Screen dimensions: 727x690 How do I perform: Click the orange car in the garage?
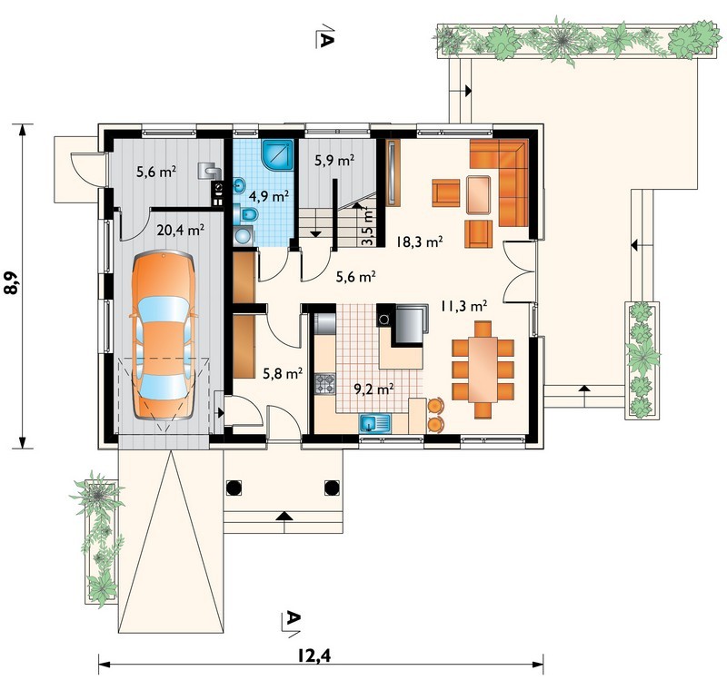click(164, 335)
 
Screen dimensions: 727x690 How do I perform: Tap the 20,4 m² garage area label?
click(181, 230)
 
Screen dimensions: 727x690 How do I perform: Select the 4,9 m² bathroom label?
click(269, 196)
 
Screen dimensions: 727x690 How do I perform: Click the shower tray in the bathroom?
click(277, 154)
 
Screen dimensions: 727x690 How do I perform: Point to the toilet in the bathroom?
click(246, 214)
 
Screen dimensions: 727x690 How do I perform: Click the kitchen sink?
click(375, 423)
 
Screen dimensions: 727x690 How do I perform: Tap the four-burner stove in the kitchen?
click(324, 384)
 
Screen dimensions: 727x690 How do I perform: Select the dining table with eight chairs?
click(483, 370)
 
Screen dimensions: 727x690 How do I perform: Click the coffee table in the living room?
click(479, 194)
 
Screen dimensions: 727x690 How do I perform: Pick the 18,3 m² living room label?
click(419, 241)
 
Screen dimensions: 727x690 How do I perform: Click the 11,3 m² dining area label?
click(463, 306)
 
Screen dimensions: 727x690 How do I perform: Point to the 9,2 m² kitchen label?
click(374, 389)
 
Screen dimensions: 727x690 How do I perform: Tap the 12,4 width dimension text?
click(314, 655)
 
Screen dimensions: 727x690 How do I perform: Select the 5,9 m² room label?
click(334, 161)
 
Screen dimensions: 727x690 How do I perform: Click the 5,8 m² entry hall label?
click(283, 373)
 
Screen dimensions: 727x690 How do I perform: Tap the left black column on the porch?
click(234, 488)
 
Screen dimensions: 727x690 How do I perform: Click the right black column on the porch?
click(332, 488)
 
